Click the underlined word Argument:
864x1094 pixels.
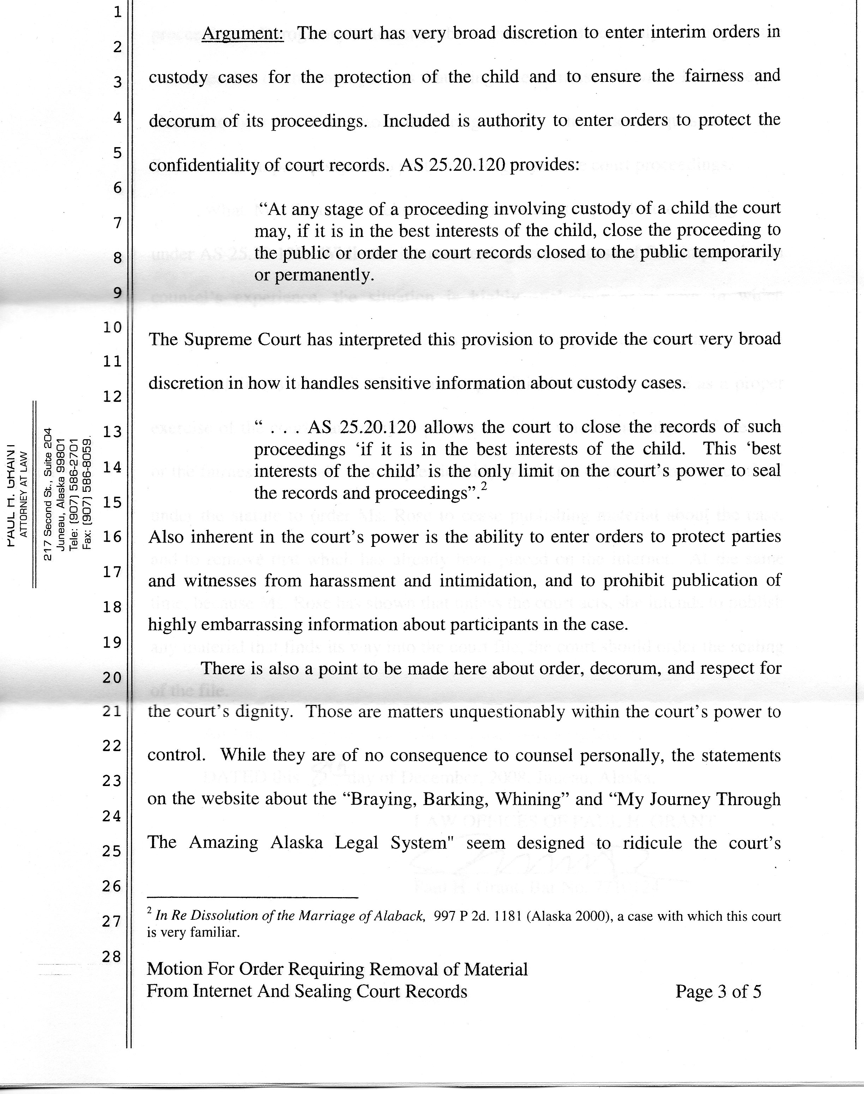point(242,34)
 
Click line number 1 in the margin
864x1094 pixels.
point(118,12)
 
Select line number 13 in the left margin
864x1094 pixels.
point(112,432)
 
